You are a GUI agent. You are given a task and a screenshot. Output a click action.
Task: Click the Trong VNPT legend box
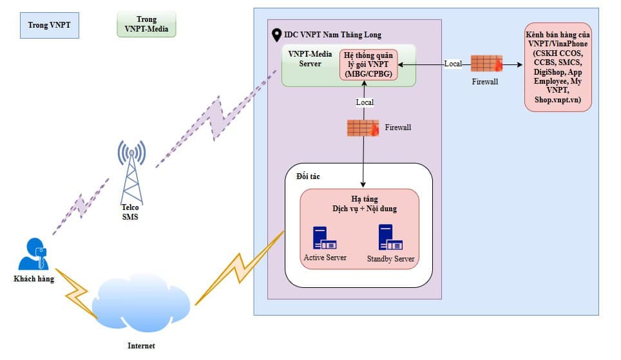[49, 26]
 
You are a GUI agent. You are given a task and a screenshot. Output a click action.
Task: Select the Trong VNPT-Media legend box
[146, 24]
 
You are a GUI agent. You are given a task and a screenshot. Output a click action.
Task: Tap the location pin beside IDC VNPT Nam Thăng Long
[277, 34]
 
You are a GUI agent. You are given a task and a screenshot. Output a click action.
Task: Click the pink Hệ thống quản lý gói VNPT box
[369, 64]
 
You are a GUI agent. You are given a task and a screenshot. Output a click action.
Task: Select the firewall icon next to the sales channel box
[486, 64]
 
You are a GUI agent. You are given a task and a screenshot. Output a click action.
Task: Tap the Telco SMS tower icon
[131, 170]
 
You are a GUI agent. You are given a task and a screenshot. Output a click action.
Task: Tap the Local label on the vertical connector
[365, 102]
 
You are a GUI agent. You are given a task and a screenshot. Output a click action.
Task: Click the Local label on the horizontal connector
[453, 64]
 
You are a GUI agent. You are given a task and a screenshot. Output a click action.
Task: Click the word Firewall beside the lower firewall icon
[397, 128]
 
